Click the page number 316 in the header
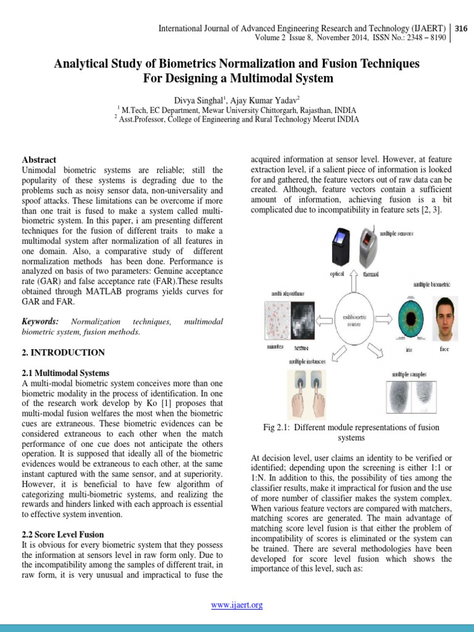461,28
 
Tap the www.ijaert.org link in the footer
237,605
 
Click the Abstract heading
39,159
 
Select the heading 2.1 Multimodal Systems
65,373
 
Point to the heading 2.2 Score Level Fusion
63,534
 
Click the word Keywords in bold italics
40,322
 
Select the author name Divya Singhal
197,100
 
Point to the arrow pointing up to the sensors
354,282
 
